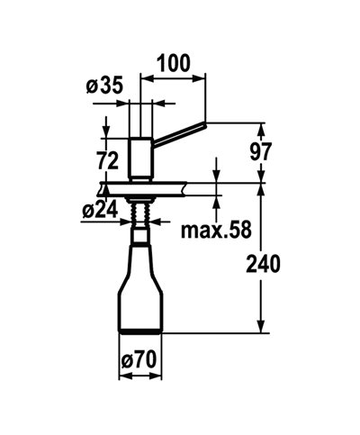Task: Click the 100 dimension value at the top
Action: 175,63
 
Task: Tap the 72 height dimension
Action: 107,161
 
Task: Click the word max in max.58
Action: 199,231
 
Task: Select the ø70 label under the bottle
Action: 139,360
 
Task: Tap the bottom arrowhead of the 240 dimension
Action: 260,329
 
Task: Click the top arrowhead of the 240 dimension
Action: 260,186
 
